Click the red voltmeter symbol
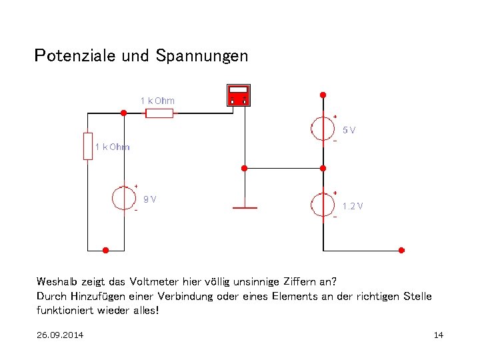[x=238, y=95]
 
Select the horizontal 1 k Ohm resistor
[x=159, y=113]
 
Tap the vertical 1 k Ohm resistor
[x=88, y=146]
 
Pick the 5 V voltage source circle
[x=323, y=127]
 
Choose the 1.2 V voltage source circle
[x=323, y=205]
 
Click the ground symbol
[x=245, y=207]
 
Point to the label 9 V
[x=150, y=199]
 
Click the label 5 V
[x=349, y=130]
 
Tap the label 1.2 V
[x=353, y=206]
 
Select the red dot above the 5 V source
[x=323, y=95]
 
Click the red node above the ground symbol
[x=245, y=168]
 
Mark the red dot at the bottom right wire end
[x=401, y=251]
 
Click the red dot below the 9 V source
[x=105, y=251]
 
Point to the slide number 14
[x=438, y=335]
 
